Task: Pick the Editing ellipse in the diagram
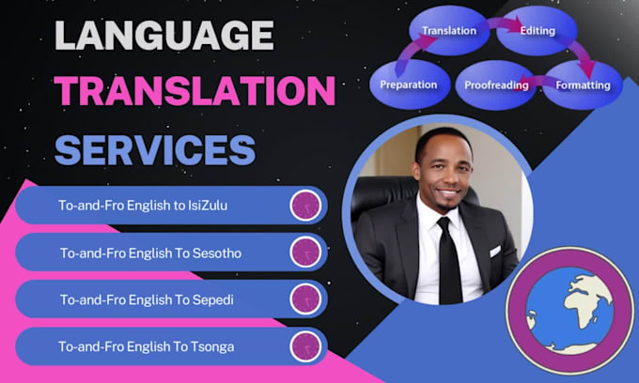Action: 535,31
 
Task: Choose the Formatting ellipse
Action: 582,84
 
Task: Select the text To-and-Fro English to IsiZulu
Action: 150,206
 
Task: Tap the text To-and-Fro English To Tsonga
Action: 147,346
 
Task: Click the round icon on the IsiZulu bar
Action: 306,205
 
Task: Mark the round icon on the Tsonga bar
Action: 306,345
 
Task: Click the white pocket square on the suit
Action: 495,251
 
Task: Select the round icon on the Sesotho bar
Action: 306,252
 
